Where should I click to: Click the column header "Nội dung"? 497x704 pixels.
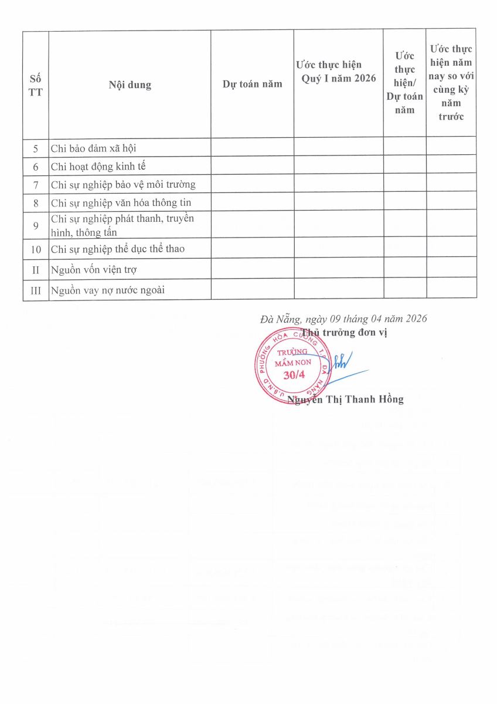pyautogui.click(x=130, y=84)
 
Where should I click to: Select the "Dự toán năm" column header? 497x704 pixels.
pyautogui.click(x=252, y=84)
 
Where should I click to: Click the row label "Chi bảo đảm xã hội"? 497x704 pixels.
pyautogui.click(x=94, y=148)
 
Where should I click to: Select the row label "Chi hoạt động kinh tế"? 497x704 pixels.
pyautogui.click(x=98, y=167)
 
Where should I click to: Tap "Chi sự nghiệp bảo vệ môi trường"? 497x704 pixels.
pyautogui.click(x=123, y=185)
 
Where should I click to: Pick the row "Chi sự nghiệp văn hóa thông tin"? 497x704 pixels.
pyautogui.click(x=121, y=203)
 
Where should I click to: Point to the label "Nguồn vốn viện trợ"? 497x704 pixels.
pyautogui.click(x=94, y=270)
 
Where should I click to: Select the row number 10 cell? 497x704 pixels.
pyautogui.click(x=36, y=249)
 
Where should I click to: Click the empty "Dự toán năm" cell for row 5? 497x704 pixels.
pyautogui.click(x=252, y=148)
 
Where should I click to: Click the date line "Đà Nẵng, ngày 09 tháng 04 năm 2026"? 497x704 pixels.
pyautogui.click(x=343, y=319)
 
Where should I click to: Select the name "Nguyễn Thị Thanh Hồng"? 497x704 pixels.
pyautogui.click(x=346, y=400)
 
